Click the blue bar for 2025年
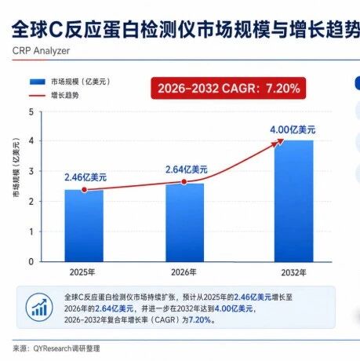point(84,226)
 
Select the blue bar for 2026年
point(184,223)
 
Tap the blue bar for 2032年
point(293,201)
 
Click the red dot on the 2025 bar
point(84,190)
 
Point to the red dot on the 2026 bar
point(184,182)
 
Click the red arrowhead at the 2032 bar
point(278,143)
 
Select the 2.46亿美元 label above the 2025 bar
point(85,177)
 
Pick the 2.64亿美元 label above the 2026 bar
point(187,170)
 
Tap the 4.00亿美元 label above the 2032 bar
point(293,129)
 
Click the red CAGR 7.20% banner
point(228,88)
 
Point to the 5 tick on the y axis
point(31,112)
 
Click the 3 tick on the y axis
point(31,171)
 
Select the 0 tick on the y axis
point(31,261)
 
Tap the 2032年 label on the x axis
point(293,273)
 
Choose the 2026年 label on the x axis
point(184,272)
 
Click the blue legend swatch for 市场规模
point(38,82)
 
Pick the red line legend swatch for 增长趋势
point(37,96)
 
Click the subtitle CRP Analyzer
point(41,51)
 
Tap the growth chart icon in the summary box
point(39,307)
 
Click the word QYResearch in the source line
point(53,348)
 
